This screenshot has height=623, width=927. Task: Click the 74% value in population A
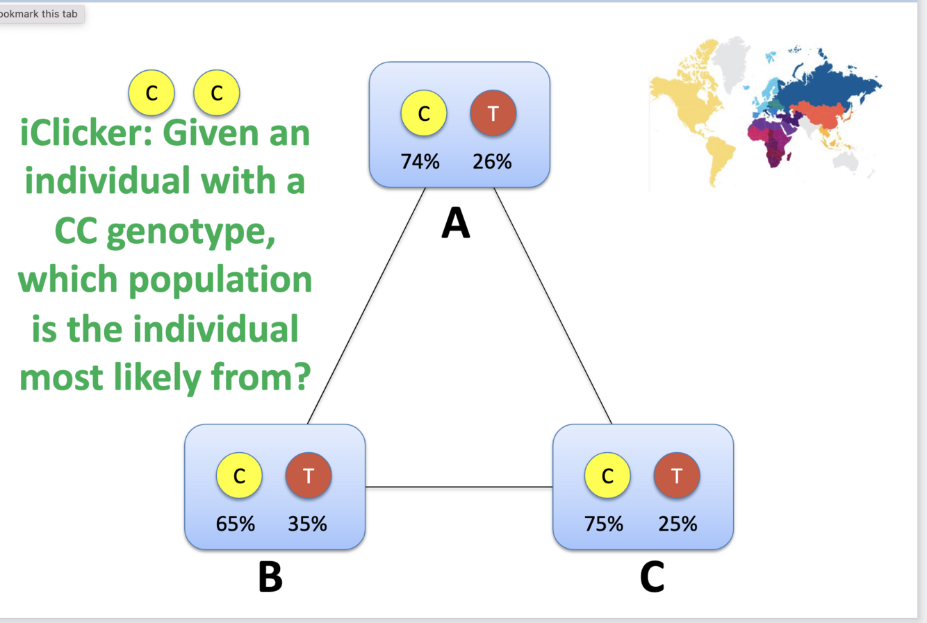(420, 162)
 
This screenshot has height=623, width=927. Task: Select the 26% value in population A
(492, 162)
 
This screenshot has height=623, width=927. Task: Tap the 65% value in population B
(236, 524)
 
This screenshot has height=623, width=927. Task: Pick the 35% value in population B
(307, 524)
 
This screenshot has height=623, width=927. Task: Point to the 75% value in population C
(604, 524)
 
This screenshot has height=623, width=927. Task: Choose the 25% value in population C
(678, 524)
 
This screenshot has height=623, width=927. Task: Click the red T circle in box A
(493, 113)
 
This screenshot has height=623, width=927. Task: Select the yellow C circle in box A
(424, 113)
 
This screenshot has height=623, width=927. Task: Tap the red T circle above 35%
(309, 476)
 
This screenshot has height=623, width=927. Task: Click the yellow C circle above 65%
(239, 476)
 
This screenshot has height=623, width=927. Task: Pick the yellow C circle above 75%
(607, 476)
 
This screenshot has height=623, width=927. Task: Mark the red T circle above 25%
(676, 476)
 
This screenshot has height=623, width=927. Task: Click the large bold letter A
(456, 224)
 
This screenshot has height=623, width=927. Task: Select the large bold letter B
(270, 576)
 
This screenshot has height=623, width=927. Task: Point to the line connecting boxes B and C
(459, 487)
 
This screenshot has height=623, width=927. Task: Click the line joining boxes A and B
(366, 306)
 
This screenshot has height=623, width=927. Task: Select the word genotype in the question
(191, 232)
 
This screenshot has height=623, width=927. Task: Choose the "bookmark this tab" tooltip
(40, 14)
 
